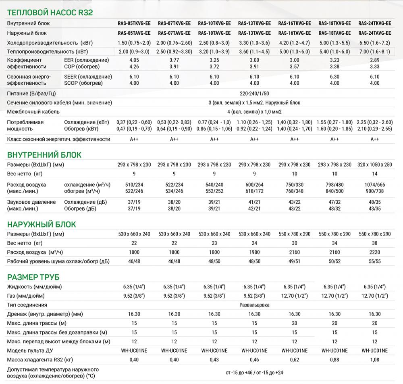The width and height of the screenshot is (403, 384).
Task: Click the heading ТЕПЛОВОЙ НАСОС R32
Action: point(50,13)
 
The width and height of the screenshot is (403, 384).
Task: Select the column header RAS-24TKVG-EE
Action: point(374,23)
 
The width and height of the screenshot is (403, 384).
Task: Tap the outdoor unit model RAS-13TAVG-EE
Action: point(254,33)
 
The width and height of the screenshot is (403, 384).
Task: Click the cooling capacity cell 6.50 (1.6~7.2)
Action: point(374,43)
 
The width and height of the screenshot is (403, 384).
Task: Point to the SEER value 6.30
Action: point(334,77)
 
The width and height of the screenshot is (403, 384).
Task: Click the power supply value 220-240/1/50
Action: point(254,93)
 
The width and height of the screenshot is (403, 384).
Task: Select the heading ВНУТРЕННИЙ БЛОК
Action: point(44,155)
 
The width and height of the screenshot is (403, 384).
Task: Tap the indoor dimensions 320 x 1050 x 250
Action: point(374,165)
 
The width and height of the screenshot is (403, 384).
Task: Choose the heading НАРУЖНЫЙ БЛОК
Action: point(42,224)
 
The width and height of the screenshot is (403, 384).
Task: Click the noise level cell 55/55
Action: point(374,261)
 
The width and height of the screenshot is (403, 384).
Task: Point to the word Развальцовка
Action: point(254,305)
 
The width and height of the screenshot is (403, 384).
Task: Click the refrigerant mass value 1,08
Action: point(374,359)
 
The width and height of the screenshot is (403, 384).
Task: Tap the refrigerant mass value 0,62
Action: point(295,359)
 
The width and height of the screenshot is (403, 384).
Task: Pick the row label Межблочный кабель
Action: point(33,112)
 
